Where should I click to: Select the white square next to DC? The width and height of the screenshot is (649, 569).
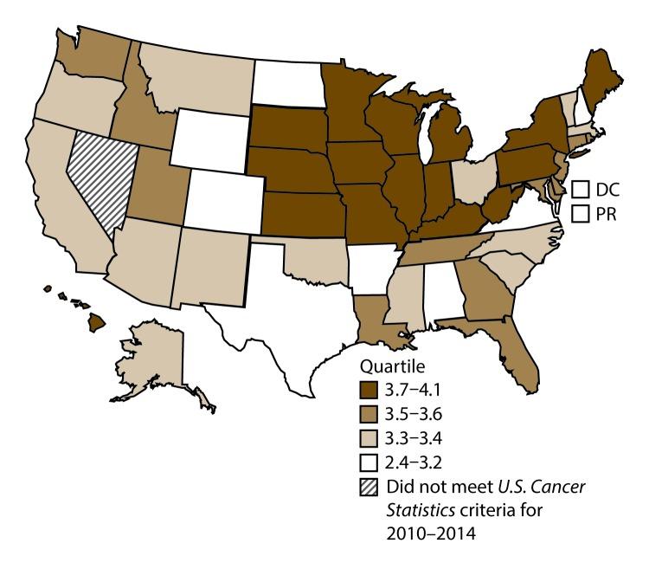point(582,187)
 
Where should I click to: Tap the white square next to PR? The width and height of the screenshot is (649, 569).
point(582,213)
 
